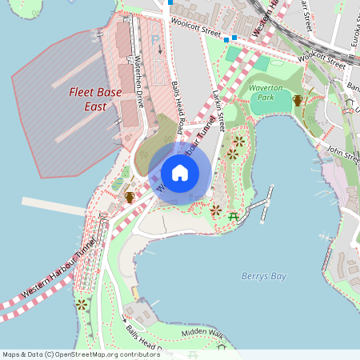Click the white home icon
pos(180,173)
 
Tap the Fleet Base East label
pos(95,99)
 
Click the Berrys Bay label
pos(263,276)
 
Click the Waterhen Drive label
pos(138,83)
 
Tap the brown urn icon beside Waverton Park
pos(298,100)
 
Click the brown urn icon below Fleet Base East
pos(129,197)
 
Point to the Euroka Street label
pos(353,25)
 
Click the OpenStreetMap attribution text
pos(70,354)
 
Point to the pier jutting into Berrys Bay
pos(259,205)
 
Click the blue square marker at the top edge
pos(170,2)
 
